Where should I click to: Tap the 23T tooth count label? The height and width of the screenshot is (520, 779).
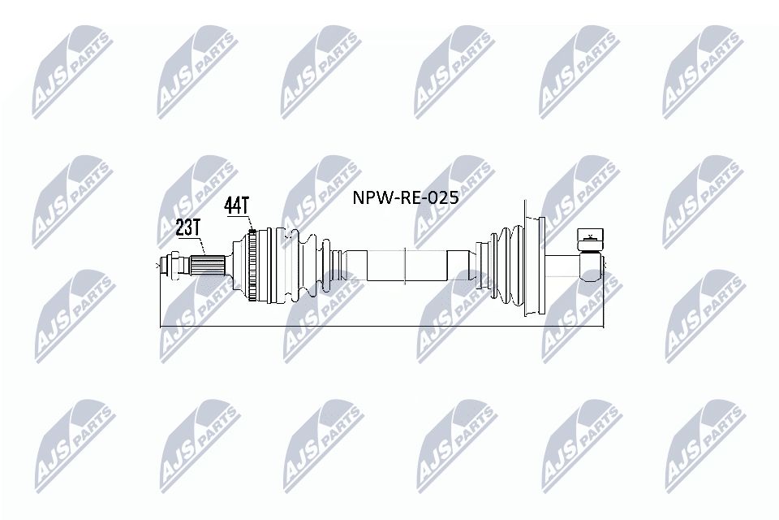pos(187,227)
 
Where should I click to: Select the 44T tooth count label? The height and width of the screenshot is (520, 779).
pos(236,206)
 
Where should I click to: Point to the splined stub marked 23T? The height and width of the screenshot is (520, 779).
pos(207,265)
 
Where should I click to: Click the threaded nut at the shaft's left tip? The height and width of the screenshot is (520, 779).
pos(172,265)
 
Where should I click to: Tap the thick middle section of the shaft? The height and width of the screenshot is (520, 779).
pos(406,265)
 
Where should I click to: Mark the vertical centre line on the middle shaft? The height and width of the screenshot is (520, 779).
pos(403,265)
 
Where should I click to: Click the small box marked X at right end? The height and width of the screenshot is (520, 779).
pos(590,238)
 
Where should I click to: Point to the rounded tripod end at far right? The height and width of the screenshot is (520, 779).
pos(592,264)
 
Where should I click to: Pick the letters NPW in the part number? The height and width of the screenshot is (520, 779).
pos(367,197)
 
